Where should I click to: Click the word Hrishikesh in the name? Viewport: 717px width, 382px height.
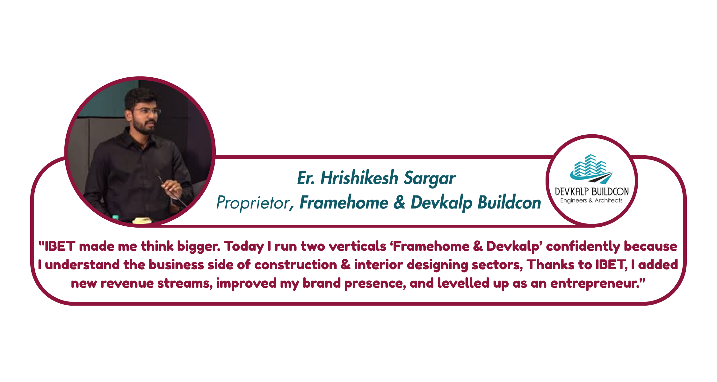tap(359, 178)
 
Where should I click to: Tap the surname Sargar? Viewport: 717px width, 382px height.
tap(430, 178)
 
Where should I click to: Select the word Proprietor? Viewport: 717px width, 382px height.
tap(252, 202)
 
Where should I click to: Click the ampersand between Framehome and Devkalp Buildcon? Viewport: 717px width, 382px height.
tap(400, 202)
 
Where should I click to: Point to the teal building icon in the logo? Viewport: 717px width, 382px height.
tap(591, 169)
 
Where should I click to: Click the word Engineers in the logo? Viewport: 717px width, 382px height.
tap(574, 201)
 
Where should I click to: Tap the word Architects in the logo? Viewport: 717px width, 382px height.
tap(609, 200)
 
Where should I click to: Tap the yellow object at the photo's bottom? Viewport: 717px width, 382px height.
tap(142, 220)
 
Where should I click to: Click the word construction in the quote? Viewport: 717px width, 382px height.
tap(295, 265)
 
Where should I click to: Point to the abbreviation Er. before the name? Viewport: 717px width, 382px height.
tap(306, 178)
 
